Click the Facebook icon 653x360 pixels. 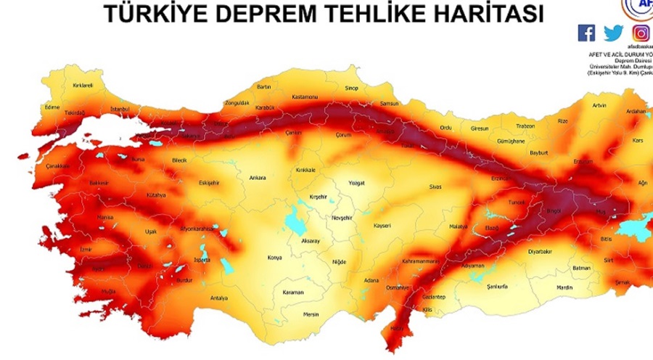tap(586, 33)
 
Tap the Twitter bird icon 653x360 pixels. tap(613, 33)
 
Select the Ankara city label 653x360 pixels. tap(258, 177)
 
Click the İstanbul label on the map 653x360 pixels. tap(119, 110)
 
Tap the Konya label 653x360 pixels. tap(275, 258)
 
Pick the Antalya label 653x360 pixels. tap(218, 298)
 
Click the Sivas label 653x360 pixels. tap(435, 187)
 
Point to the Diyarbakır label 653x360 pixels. tap(540, 251)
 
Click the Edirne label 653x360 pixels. tap(52, 107)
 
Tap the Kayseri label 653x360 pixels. tap(382, 226)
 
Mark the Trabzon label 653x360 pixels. tap(525, 126)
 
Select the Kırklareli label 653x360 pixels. tap(83, 85)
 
